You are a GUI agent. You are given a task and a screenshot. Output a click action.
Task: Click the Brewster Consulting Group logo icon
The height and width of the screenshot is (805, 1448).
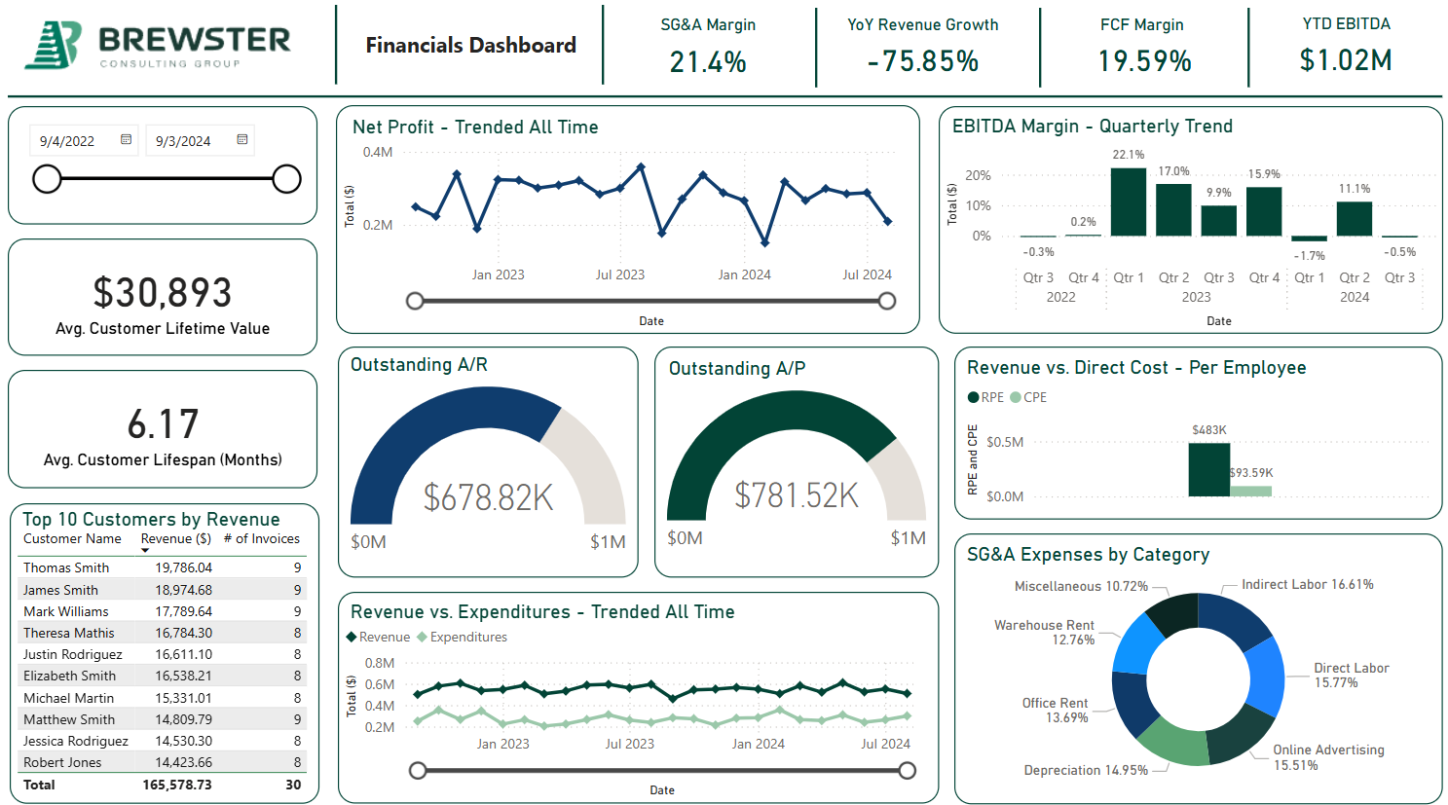pyautogui.click(x=53, y=45)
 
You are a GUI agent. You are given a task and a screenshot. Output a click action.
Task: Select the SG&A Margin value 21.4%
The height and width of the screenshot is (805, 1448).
pyautogui.click(x=708, y=62)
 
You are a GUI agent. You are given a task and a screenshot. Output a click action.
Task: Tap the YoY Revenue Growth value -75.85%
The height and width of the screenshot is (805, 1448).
pyautogui.click(x=922, y=61)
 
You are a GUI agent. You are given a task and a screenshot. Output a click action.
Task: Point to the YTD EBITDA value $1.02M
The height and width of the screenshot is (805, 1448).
pyautogui.click(x=1345, y=60)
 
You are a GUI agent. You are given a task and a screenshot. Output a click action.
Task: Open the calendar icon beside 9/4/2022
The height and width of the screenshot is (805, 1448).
pyautogui.click(x=126, y=140)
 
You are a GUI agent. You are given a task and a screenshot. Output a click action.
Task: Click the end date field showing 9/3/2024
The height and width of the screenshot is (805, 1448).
pyautogui.click(x=184, y=141)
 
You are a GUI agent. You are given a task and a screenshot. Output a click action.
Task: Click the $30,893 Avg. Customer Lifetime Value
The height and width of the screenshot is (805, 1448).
pyautogui.click(x=163, y=293)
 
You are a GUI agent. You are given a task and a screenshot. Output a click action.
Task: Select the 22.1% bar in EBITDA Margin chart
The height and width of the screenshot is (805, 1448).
pyautogui.click(x=1128, y=201)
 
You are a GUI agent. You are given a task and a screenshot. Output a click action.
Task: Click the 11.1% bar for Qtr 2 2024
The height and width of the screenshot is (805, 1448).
pyautogui.click(x=1354, y=219)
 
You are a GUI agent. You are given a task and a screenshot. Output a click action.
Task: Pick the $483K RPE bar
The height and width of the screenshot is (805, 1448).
pyautogui.click(x=1208, y=469)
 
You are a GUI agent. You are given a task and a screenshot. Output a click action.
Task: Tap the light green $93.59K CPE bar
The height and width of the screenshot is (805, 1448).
pyautogui.click(x=1250, y=491)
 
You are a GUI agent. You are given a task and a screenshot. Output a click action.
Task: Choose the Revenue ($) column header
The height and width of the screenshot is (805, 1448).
pyautogui.click(x=175, y=539)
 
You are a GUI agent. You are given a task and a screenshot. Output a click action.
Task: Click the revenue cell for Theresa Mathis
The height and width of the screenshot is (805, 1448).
pyautogui.click(x=183, y=633)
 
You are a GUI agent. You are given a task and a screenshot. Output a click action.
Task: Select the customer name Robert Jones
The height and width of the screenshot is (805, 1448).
pyautogui.click(x=62, y=762)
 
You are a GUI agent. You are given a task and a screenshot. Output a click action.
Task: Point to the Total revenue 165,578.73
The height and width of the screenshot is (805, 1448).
pyautogui.click(x=176, y=785)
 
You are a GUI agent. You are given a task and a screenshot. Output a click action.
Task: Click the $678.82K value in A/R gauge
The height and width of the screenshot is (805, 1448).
pyautogui.click(x=488, y=497)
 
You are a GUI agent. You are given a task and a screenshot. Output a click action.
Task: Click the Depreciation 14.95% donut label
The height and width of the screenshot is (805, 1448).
pyautogui.click(x=1086, y=770)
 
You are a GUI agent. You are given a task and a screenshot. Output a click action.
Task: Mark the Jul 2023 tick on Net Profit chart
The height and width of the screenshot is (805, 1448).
pyautogui.click(x=620, y=274)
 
